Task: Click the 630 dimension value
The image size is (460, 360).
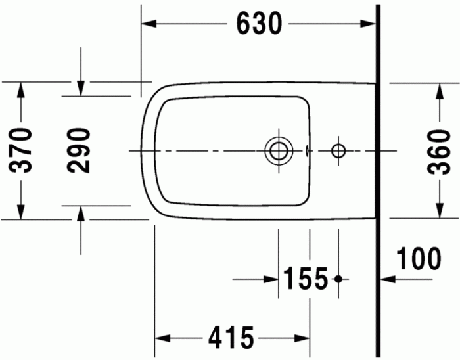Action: pyautogui.click(x=259, y=24)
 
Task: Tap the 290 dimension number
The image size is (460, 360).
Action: pyautogui.click(x=80, y=150)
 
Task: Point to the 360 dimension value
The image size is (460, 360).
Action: pyautogui.click(x=439, y=150)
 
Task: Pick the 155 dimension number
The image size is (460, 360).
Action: pyautogui.click(x=306, y=279)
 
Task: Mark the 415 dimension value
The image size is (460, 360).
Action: pyautogui.click(x=231, y=338)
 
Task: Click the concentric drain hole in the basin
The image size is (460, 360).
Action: pyautogui.click(x=278, y=150)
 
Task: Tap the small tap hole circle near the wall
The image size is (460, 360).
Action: pyautogui.click(x=338, y=150)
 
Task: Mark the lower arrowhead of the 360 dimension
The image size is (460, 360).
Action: pyautogui.click(x=439, y=211)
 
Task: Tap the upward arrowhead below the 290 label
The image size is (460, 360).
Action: pyautogui.click(x=80, y=212)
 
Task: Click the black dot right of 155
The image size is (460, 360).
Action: pyautogui.click(x=338, y=279)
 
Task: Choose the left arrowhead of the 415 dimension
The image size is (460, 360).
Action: pyautogui.click(x=162, y=338)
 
